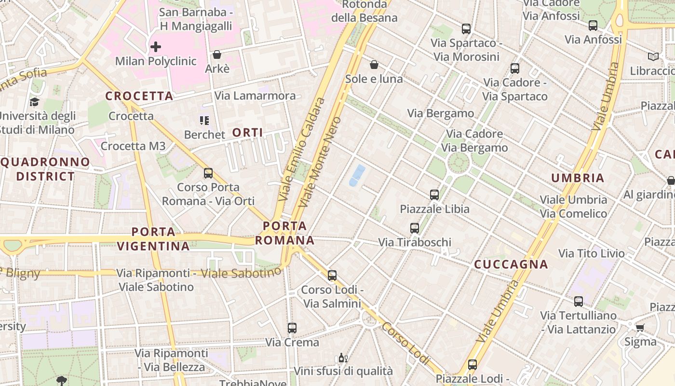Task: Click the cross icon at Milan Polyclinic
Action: click(x=155, y=47)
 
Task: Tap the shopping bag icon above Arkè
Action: click(x=217, y=55)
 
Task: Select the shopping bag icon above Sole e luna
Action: click(x=374, y=65)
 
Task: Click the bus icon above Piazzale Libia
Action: click(x=434, y=195)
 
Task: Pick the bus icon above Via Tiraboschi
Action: click(x=414, y=228)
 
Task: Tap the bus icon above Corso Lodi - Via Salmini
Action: click(x=332, y=276)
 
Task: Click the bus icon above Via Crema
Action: click(x=292, y=328)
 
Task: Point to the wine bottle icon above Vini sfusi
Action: click(x=343, y=358)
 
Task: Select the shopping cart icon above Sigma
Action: click(x=640, y=328)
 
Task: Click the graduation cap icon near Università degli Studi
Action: click(x=34, y=102)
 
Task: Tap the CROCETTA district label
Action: click(x=139, y=96)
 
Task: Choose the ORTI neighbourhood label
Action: click(x=248, y=132)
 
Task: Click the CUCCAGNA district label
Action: click(x=511, y=264)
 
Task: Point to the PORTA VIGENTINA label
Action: click(x=153, y=239)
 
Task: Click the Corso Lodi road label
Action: click(x=405, y=344)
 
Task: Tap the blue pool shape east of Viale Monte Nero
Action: click(x=357, y=175)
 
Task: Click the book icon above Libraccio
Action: click(x=653, y=57)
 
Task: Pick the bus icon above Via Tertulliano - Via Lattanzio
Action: click(x=578, y=302)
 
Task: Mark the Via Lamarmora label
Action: click(x=255, y=96)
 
